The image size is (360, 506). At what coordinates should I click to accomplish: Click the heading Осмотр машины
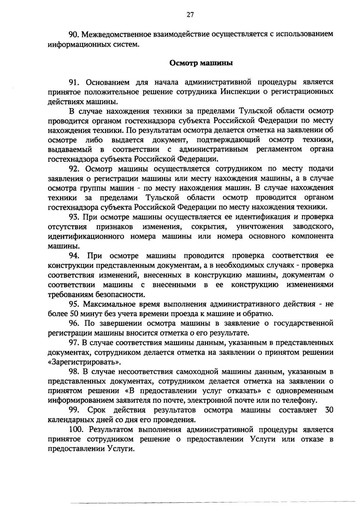point(201,63)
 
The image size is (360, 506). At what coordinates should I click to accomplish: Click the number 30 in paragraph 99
point(329,410)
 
